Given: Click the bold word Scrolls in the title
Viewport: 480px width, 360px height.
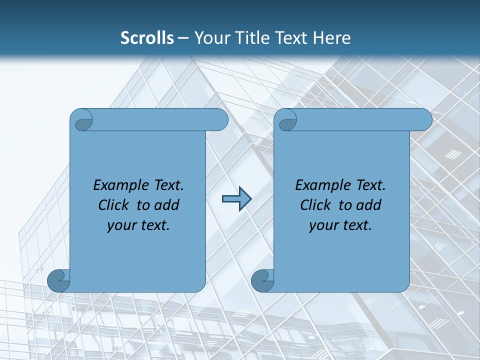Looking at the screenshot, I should coord(147,37).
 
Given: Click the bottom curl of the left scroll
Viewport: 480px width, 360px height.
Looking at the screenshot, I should coord(59,280).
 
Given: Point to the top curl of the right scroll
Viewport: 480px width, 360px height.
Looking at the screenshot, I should coord(287,120).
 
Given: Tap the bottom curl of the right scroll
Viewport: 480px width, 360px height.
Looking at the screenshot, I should coord(262,280).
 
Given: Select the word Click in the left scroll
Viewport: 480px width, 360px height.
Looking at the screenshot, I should coord(115,205).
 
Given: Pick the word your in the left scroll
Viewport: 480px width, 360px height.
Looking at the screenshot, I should coord(121,226).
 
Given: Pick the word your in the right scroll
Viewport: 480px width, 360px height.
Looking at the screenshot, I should coord(323,226).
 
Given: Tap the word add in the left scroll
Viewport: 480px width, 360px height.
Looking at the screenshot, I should coord(167,205).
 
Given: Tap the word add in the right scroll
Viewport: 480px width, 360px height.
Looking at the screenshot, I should coord(369,205).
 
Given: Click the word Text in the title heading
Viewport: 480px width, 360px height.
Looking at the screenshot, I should coord(292,37).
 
